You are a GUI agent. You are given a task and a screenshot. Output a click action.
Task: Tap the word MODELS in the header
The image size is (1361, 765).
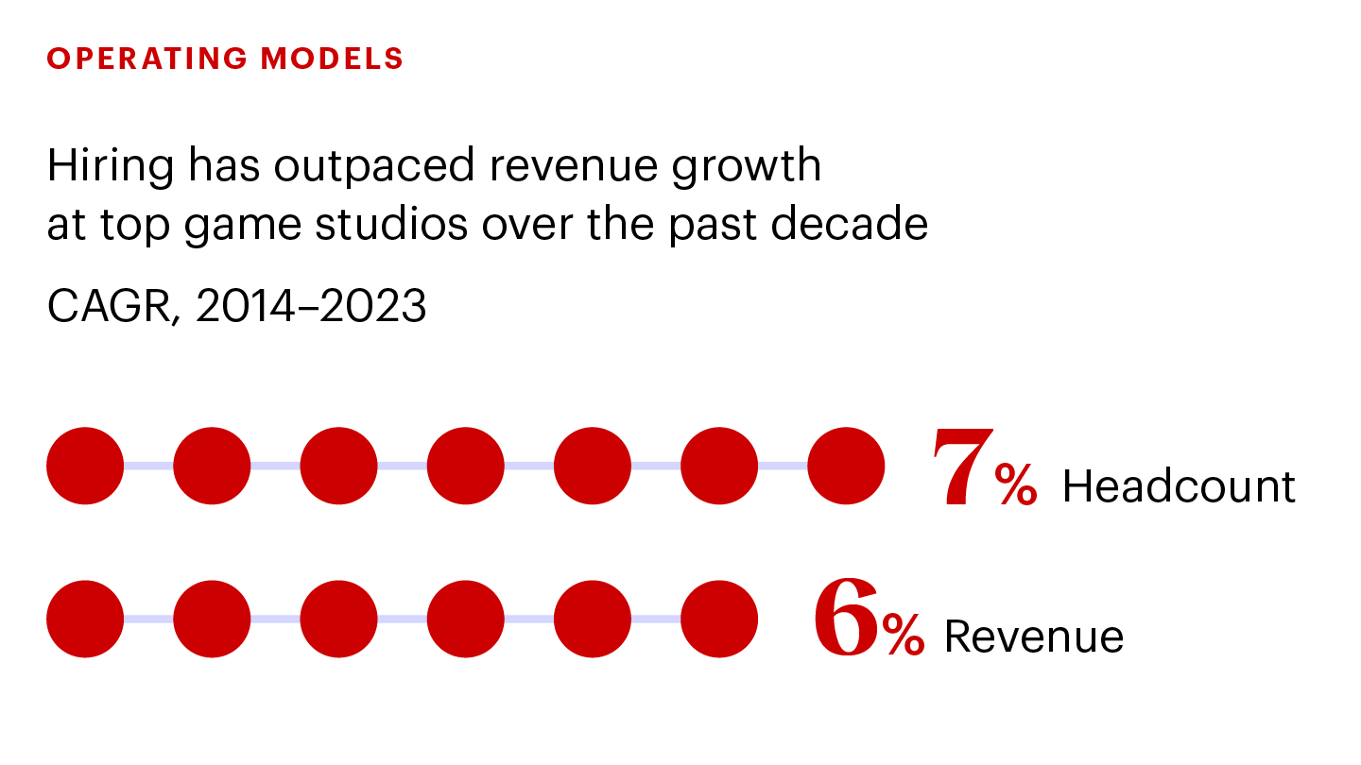click(333, 59)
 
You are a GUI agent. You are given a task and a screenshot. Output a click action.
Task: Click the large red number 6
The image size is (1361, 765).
click(847, 620)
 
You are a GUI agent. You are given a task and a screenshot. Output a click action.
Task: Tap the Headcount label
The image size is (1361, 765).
click(1179, 486)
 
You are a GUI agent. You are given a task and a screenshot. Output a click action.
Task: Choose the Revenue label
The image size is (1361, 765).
click(1034, 637)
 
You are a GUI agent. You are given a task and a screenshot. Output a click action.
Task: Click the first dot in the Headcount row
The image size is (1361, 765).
click(85, 466)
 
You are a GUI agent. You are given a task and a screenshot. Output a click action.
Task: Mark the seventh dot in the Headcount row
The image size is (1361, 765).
click(846, 466)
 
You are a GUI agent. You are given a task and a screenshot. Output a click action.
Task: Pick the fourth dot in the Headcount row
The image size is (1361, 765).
click(465, 466)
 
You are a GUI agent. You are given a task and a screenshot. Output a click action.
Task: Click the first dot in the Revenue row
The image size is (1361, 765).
click(85, 619)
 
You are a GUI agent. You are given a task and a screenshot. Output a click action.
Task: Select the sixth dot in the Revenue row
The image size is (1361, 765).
click(719, 619)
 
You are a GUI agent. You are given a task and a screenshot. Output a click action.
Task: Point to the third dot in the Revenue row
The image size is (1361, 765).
click(338, 619)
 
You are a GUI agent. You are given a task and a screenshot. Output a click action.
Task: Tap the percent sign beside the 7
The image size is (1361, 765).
click(1015, 487)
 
